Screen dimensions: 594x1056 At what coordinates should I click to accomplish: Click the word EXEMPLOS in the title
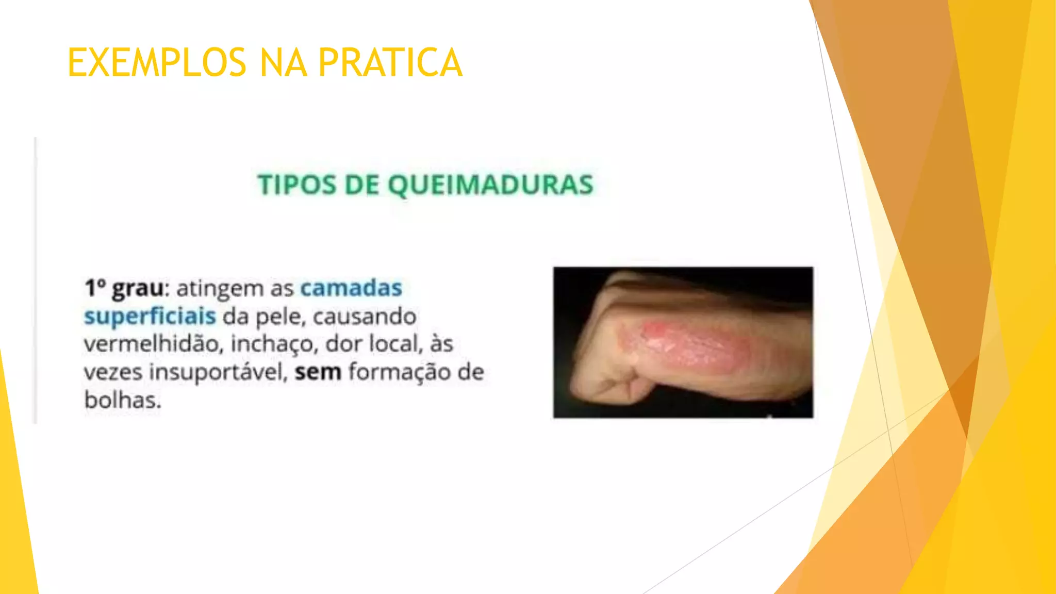pyautogui.click(x=157, y=62)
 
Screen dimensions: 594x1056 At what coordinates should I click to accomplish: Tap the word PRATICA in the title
pyautogui.click(x=390, y=62)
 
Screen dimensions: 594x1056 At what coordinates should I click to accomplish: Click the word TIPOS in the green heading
pyautogui.click(x=296, y=185)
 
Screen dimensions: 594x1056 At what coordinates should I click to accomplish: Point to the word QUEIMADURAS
pyautogui.click(x=490, y=185)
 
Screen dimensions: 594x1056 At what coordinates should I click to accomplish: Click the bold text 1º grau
pyautogui.click(x=124, y=288)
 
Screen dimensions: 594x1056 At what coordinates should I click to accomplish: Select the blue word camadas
pyautogui.click(x=351, y=288)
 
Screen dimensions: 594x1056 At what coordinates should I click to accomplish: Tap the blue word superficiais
pyautogui.click(x=150, y=316)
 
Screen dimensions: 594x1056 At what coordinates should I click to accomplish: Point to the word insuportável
pyautogui.click(x=218, y=372)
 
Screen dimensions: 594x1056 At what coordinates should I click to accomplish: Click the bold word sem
pyautogui.click(x=318, y=372)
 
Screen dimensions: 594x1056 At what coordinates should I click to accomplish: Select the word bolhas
pyautogui.click(x=122, y=400)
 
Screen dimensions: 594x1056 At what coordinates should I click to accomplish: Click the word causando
pyautogui.click(x=364, y=317)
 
